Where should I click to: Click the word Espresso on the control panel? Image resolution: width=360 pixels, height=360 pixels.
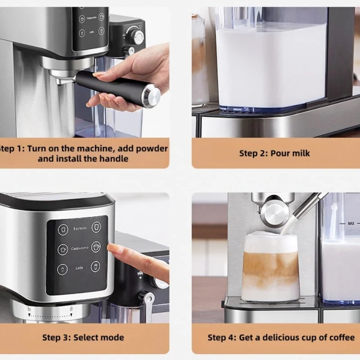[80, 229]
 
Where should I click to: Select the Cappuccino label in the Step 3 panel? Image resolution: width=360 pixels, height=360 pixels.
[80, 248]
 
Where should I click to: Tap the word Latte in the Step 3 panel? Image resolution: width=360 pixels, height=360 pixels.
[79, 268]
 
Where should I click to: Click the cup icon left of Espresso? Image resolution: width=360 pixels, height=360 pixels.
[63, 229]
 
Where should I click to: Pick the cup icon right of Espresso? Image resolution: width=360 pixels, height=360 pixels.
[96, 227]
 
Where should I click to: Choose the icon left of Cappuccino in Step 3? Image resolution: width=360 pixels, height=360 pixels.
[63, 250]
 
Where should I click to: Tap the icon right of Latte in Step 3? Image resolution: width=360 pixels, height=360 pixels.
[95, 267]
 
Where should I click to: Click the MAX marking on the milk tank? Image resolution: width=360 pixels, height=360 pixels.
[351, 223]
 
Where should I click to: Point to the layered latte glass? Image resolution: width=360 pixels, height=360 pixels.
[270, 266]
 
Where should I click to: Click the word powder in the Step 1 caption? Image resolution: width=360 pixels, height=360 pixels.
[152, 149]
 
